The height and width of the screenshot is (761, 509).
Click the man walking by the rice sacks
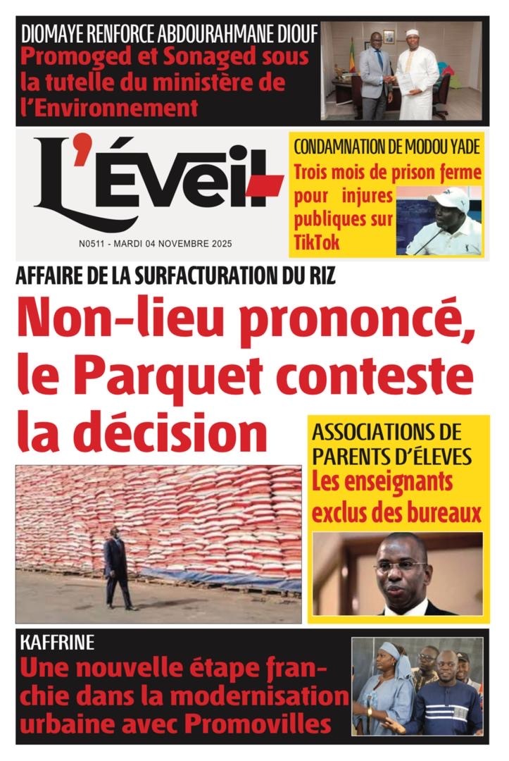pyautogui.click(x=117, y=568)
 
